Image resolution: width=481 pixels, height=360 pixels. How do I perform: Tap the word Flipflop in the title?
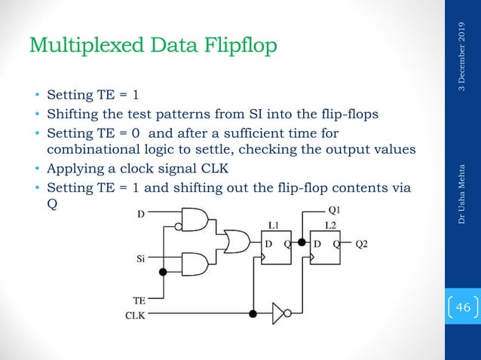tap(239, 46)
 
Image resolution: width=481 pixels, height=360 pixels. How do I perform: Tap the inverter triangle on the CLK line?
tap(278, 311)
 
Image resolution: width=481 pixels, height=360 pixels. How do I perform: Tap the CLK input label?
tap(136, 316)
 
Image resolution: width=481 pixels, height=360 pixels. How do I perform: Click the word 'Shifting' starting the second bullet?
tap(72, 114)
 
